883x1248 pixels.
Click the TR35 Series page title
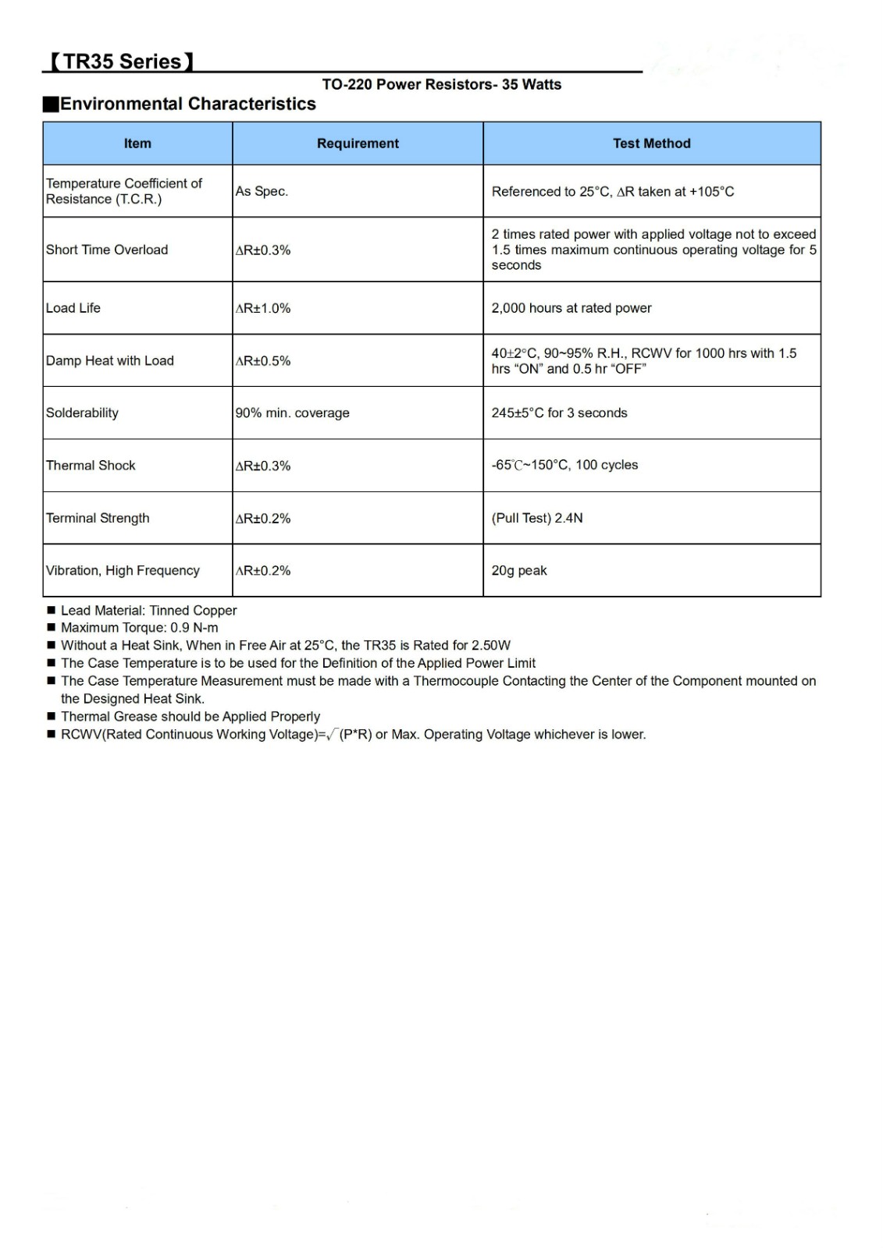pos(121,62)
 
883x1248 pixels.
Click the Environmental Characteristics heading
pos(187,104)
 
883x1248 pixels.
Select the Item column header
pos(137,144)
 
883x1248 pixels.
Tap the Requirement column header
pos(358,144)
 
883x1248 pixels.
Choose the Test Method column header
pos(652,144)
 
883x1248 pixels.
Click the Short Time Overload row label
pos(107,250)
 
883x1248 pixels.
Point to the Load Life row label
pos(73,308)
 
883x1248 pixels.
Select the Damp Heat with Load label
pos(110,360)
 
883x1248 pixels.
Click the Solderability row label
pos(82,413)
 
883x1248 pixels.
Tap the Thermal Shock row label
pos(91,466)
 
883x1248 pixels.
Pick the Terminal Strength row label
pos(98,518)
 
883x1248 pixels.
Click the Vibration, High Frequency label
pos(123,570)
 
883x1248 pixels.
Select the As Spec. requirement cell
pos(262,191)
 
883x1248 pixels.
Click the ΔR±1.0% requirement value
pos(263,308)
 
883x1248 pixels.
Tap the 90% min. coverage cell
pos(293,413)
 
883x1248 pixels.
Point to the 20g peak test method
pos(519,570)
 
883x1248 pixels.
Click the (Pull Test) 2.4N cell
pos(537,518)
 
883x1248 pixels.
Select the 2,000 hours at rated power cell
pos(571,308)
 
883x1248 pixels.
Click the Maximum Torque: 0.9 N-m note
pos(140,628)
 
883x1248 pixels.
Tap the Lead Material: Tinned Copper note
pos(148,611)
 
